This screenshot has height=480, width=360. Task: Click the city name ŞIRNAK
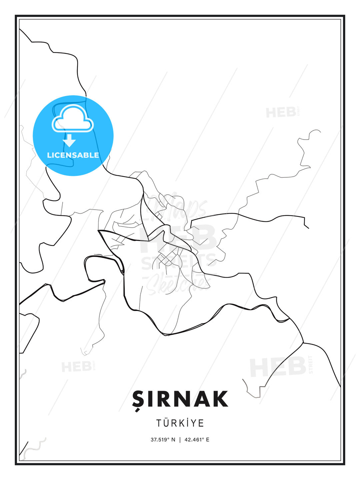[x=180, y=399]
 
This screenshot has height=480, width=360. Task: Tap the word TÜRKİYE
[x=180, y=423]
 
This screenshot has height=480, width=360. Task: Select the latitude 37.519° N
[x=163, y=440]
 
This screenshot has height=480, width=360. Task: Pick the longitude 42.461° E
[x=197, y=440]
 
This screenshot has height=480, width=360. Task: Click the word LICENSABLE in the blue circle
[x=73, y=155]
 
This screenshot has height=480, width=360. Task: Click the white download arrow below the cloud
[x=69, y=140]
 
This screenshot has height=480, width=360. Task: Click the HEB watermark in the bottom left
[x=76, y=367]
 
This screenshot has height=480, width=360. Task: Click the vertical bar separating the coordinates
[x=180, y=440]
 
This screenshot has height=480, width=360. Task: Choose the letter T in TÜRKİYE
[x=159, y=423]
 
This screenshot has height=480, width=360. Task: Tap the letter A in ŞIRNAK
[x=199, y=399]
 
